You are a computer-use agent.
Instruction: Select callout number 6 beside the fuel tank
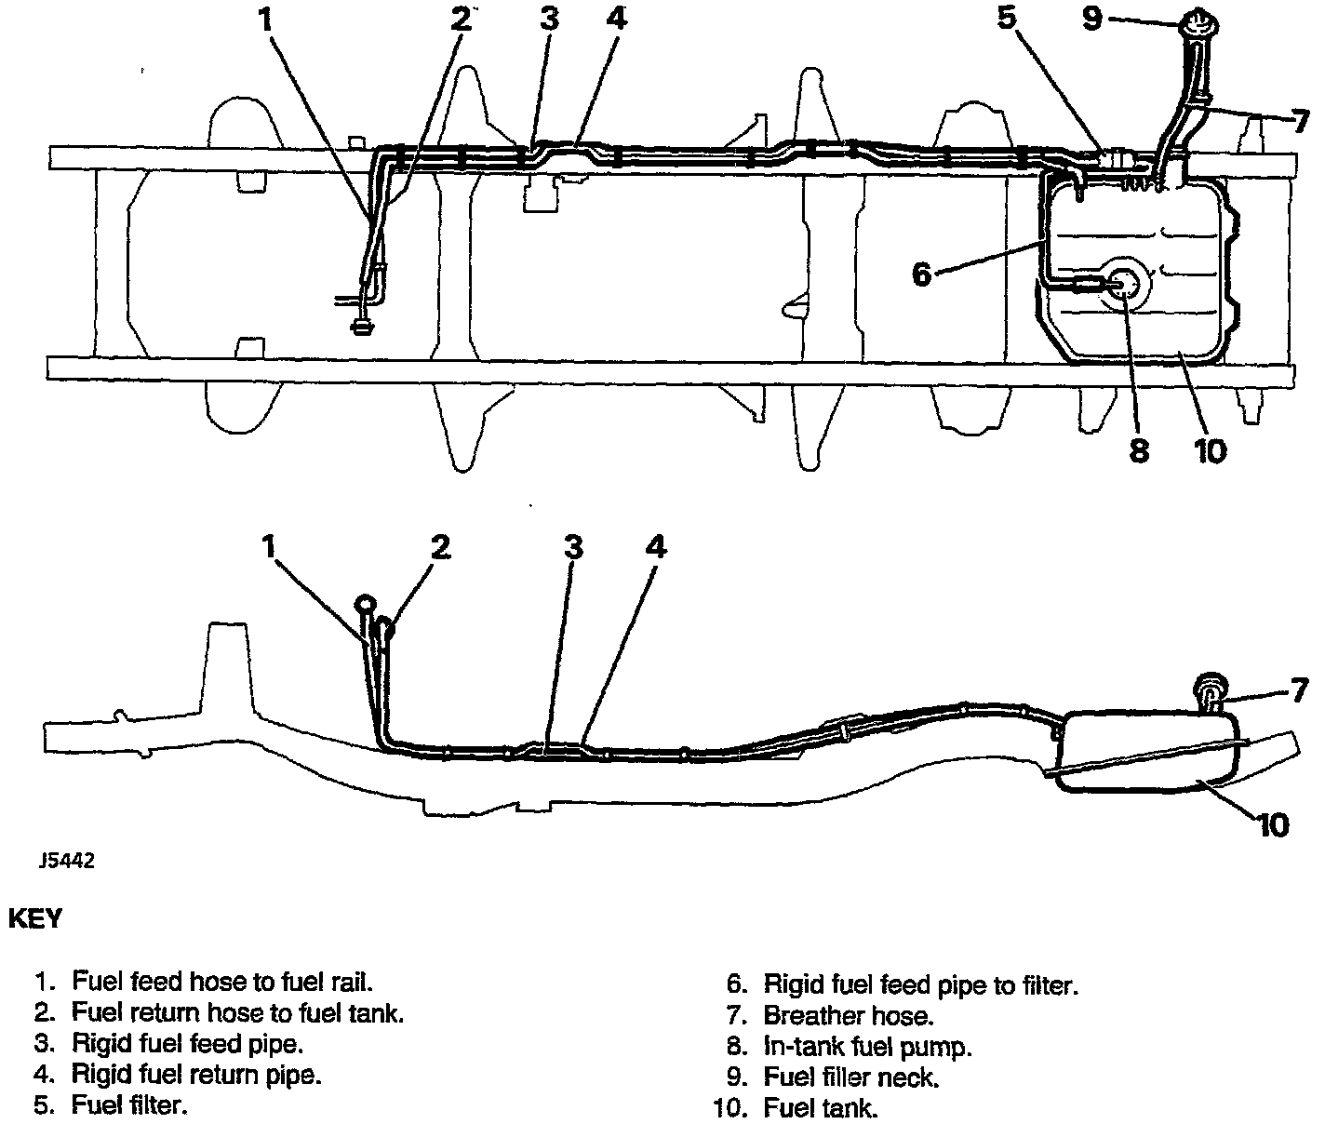(x=920, y=274)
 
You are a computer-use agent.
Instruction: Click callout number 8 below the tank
(x=1139, y=450)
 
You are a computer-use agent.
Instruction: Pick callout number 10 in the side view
(x=1272, y=823)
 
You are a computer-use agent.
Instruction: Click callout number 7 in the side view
(x=1298, y=691)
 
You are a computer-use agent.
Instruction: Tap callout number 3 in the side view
(x=573, y=547)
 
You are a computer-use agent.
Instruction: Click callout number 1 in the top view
(x=267, y=20)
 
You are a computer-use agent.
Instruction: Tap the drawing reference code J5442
(x=66, y=861)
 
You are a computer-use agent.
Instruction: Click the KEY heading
(x=35, y=918)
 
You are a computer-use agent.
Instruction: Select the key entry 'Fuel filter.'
(x=130, y=1105)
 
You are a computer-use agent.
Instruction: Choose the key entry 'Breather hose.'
(x=848, y=1015)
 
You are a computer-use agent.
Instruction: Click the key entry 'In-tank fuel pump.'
(x=867, y=1046)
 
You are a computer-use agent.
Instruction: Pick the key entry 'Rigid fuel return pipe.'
(x=197, y=1075)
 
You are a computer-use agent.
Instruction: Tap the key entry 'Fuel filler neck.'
(x=851, y=1077)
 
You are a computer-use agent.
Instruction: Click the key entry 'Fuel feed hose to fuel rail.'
(x=223, y=981)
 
